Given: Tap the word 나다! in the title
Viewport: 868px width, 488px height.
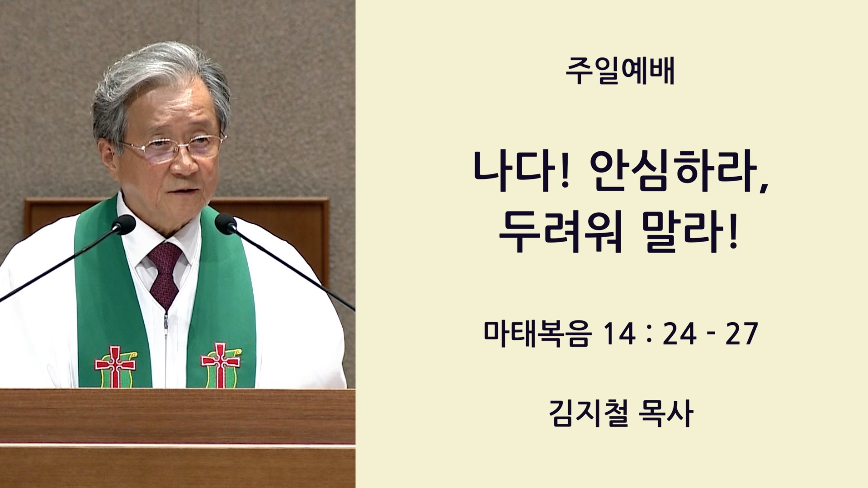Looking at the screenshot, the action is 520,170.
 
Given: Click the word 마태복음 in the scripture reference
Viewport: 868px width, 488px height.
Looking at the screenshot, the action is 538,334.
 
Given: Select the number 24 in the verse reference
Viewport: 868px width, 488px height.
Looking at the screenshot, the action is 679,334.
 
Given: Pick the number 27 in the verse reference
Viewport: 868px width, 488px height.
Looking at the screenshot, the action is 741,334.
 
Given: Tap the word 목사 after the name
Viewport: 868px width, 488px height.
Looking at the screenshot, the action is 666,413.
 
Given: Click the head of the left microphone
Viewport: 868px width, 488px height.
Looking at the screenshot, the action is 123,225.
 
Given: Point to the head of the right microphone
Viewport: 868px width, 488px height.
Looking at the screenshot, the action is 226,224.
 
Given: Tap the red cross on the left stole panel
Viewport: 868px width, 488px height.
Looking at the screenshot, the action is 115,366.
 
